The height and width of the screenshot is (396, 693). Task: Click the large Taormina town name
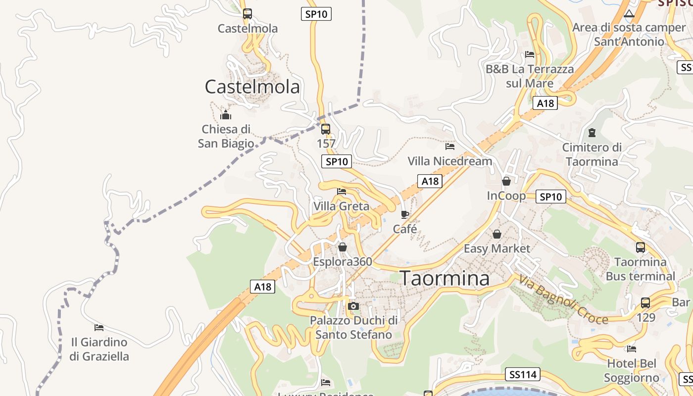[x=445, y=278]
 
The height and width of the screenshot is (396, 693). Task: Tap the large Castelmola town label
[x=252, y=87]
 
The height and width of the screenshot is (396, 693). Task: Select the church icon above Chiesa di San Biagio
[x=226, y=115]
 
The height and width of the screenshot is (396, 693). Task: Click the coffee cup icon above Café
[x=405, y=214]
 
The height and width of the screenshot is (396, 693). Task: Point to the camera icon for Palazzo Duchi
[x=353, y=306]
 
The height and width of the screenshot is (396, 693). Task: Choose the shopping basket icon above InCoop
[x=506, y=181]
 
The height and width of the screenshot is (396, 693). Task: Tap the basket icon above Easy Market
[x=497, y=234]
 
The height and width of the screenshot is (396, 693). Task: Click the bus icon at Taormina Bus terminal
[x=640, y=247]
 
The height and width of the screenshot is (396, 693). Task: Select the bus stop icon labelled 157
[x=325, y=129]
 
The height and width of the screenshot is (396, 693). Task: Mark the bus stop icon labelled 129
[x=645, y=302]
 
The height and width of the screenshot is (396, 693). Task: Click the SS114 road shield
[x=523, y=375]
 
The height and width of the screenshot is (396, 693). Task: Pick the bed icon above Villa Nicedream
[x=449, y=147]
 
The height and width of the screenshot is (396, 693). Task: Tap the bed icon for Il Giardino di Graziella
[x=99, y=327]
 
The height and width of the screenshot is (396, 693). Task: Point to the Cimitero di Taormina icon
[x=592, y=133]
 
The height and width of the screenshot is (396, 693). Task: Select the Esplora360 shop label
[x=343, y=261]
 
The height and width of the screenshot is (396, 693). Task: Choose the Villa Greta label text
[x=342, y=206]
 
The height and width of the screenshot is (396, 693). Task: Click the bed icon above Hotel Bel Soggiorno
[x=631, y=348]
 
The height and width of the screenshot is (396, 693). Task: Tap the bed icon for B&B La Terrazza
[x=530, y=54]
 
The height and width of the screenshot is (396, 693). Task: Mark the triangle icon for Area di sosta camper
[x=629, y=13]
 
